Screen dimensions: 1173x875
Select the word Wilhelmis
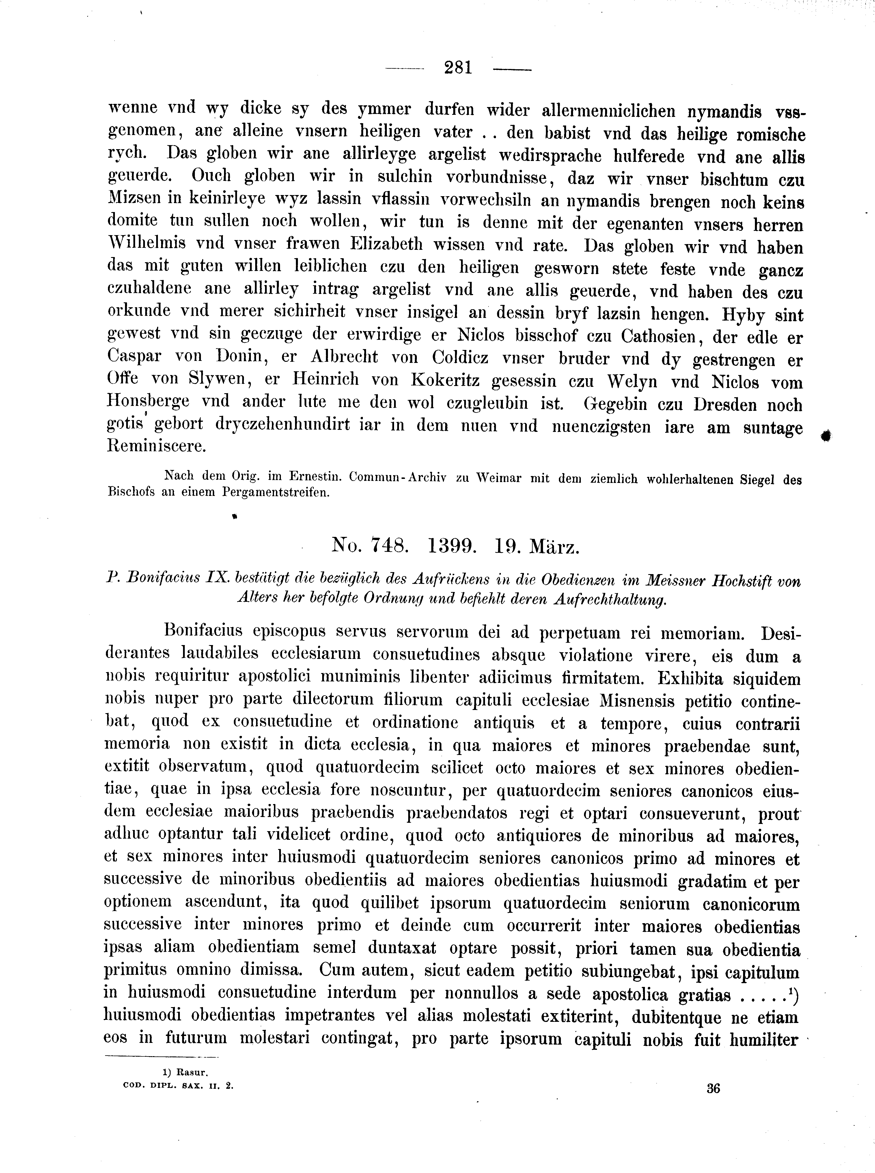(x=147, y=243)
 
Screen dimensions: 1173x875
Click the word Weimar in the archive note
(x=499, y=478)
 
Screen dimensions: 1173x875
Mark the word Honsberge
(x=148, y=402)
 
